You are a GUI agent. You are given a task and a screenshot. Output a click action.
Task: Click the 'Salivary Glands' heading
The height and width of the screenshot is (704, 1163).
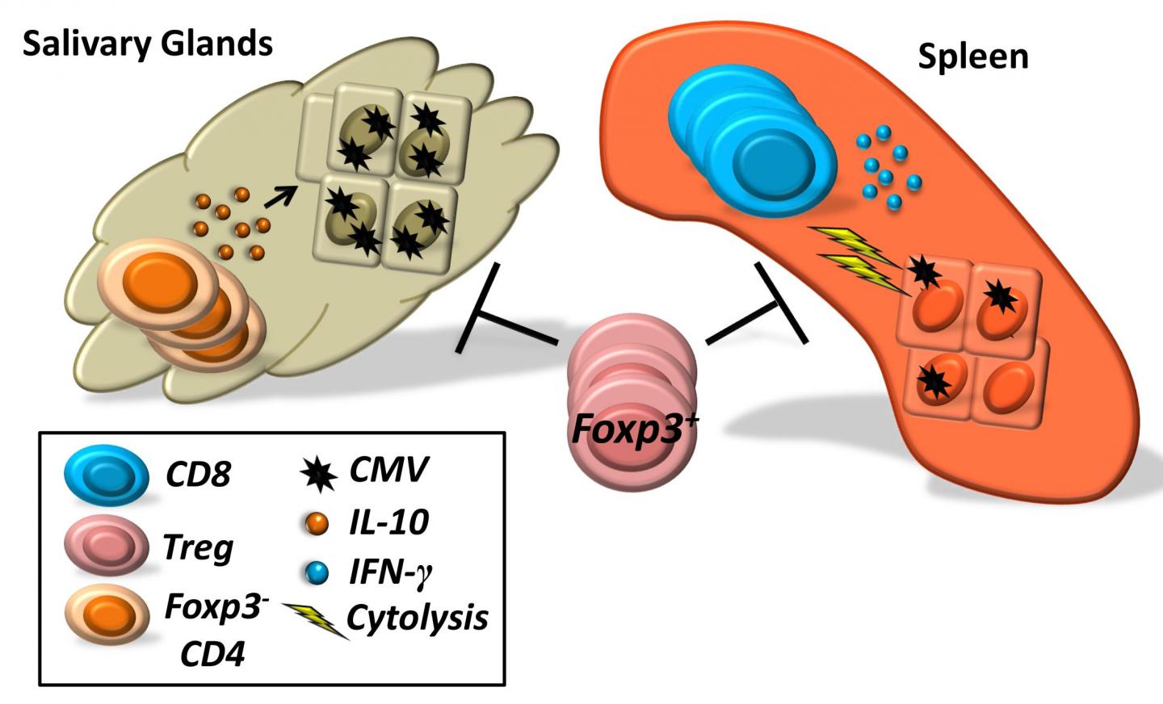point(148,44)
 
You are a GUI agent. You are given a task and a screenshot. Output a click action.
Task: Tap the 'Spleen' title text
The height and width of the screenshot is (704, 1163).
point(972,57)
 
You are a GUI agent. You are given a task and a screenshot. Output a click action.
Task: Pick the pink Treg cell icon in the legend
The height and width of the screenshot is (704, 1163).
point(106,547)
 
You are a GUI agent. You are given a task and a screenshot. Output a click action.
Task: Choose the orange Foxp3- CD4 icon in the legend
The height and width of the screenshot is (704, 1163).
point(107,616)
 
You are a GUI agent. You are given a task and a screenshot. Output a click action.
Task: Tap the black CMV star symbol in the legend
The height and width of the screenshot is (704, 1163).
point(318,473)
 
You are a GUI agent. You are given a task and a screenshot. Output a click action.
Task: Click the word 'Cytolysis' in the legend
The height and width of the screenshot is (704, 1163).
point(417,618)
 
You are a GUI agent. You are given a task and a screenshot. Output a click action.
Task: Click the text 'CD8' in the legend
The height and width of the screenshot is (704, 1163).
point(199,475)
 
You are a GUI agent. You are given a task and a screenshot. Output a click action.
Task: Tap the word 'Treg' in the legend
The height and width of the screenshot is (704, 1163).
point(198,548)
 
